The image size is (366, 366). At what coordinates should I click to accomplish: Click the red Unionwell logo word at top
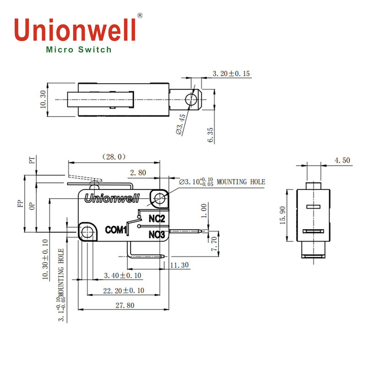click(x=75, y=29)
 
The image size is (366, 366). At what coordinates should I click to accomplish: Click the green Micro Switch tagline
click(x=79, y=50)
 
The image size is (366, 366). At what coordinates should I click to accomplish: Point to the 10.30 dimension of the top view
click(x=43, y=99)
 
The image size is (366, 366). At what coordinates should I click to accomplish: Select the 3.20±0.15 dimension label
click(x=231, y=74)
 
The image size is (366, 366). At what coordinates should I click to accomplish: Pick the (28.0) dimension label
click(x=113, y=157)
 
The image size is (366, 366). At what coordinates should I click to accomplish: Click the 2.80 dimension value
click(x=138, y=172)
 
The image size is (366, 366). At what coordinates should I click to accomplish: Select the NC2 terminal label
click(x=156, y=218)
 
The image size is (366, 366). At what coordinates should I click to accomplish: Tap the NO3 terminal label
click(x=156, y=235)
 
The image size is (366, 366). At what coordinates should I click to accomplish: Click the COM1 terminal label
click(x=116, y=230)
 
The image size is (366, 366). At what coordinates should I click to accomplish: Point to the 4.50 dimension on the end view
click(x=342, y=160)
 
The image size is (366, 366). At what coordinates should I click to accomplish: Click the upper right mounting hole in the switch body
click(x=160, y=198)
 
